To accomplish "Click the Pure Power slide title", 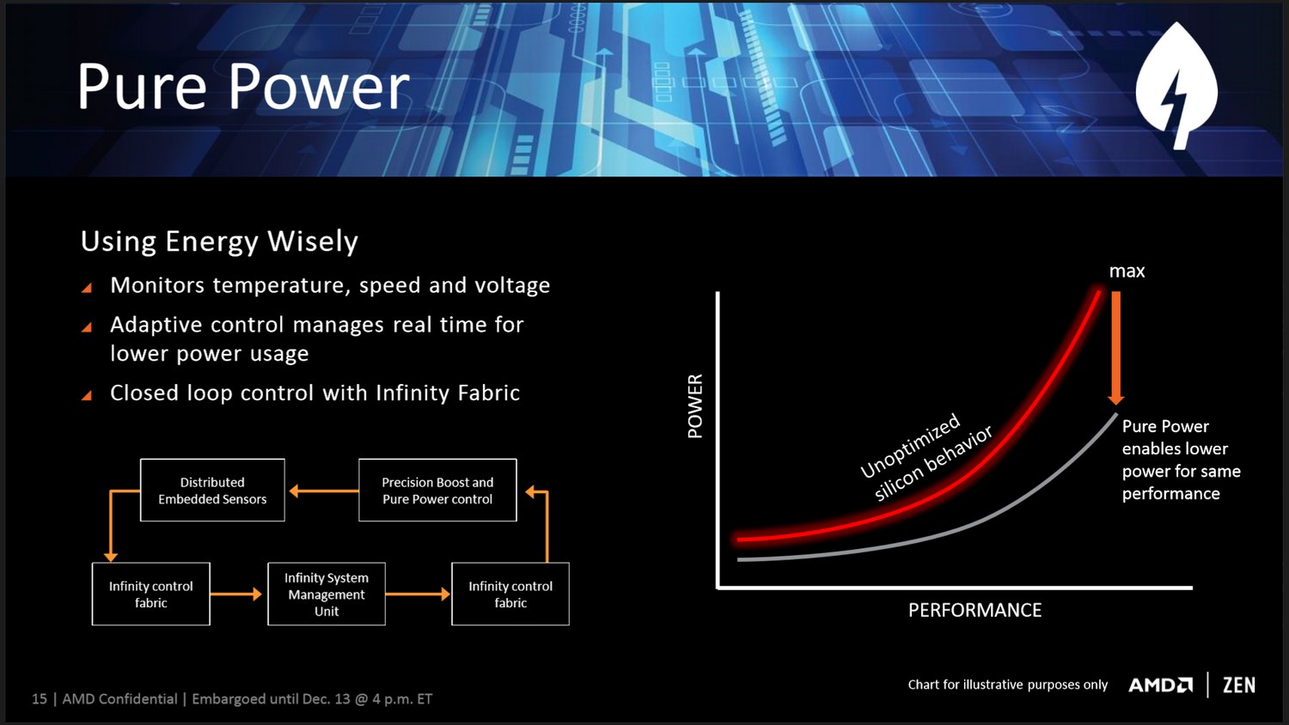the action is click(243, 86).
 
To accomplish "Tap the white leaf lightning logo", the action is click(1177, 86).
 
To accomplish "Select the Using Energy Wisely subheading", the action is click(219, 241).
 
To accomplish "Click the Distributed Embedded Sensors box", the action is click(212, 490).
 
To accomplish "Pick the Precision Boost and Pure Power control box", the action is click(437, 490).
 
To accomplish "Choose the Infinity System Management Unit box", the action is click(327, 594).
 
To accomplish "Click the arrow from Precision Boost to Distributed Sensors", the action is click(323, 490).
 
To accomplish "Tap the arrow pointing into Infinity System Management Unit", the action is click(236, 594).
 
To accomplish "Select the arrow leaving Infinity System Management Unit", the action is click(418, 594).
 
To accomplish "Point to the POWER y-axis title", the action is click(695, 406).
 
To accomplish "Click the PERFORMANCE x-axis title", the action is click(974, 610).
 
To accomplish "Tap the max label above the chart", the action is click(1127, 271).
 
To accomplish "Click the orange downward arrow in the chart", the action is click(1115, 348).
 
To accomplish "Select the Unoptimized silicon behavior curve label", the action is click(926, 457).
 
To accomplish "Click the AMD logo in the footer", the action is click(1161, 685).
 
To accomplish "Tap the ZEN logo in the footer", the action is click(1239, 685).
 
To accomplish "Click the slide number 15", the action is click(40, 699).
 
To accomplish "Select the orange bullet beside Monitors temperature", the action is click(87, 287).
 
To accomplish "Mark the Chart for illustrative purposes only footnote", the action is click(1008, 685).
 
